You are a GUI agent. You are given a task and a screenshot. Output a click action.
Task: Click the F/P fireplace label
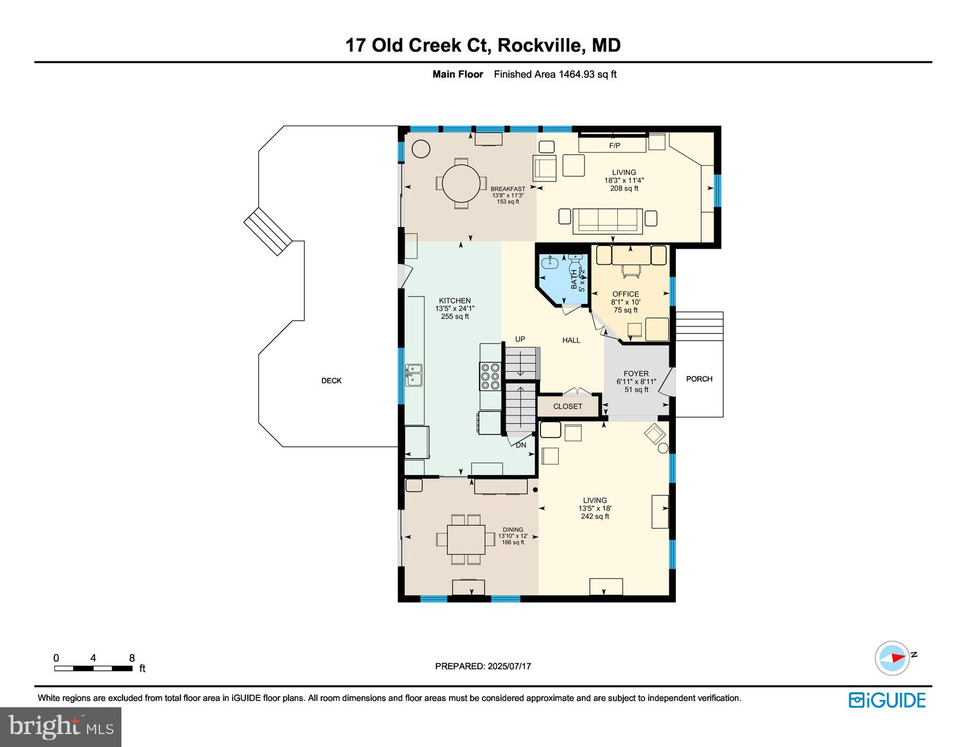coord(615,146)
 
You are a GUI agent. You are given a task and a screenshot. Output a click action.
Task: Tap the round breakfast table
coord(461,183)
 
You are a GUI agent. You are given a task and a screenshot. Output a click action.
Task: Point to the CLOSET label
coord(568,407)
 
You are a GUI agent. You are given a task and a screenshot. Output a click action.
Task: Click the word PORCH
coord(699,379)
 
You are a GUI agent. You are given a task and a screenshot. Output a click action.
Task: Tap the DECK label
coord(331,381)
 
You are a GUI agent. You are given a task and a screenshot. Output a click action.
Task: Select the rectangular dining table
coord(466,540)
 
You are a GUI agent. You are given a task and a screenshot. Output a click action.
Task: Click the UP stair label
coord(520,339)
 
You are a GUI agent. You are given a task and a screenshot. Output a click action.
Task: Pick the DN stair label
coord(521,445)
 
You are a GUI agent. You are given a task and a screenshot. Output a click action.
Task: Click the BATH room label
coord(574,280)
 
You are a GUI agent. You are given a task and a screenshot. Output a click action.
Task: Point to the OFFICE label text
coord(626,294)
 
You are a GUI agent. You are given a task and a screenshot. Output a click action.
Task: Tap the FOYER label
coord(636,374)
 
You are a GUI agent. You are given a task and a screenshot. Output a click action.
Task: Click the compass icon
coord(893,658)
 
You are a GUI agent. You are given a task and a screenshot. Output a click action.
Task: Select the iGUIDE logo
coord(887,700)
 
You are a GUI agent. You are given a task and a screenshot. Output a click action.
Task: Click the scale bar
coord(93,669)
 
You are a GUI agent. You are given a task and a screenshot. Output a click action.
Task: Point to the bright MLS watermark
coord(61,727)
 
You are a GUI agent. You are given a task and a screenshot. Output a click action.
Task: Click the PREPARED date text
coord(483,666)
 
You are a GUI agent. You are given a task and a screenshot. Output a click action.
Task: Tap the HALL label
coord(571,340)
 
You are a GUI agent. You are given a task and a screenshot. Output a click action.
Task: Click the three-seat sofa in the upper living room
coord(608,221)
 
